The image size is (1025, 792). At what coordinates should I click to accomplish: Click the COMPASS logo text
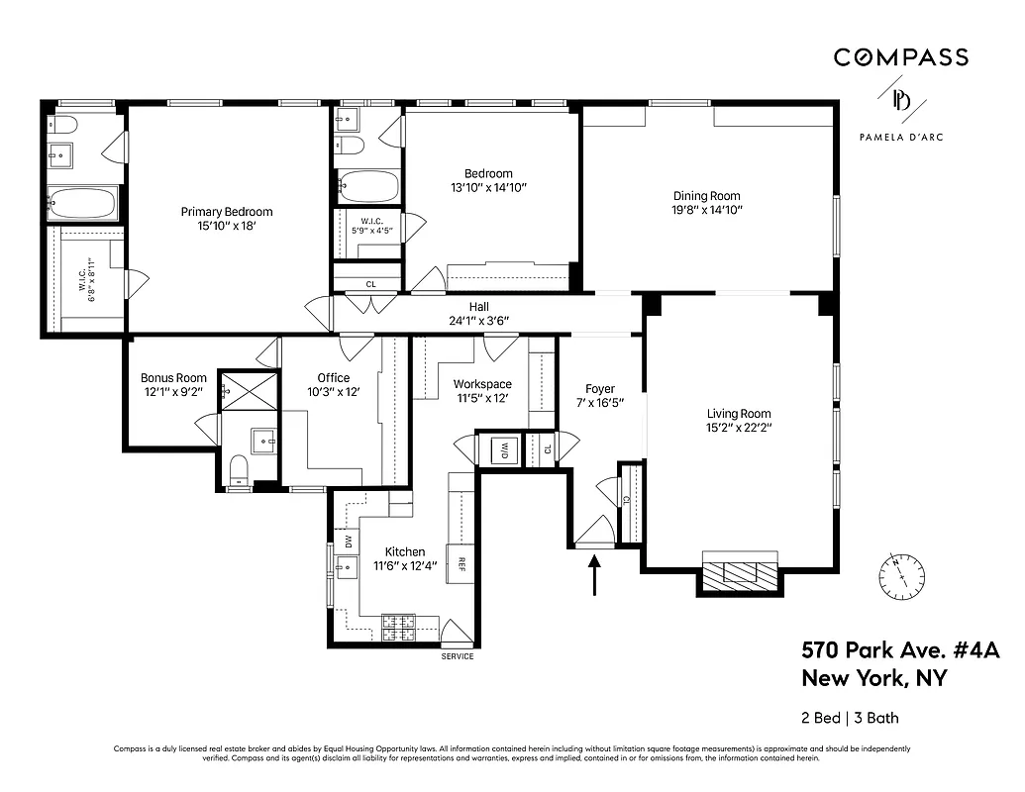tap(900, 57)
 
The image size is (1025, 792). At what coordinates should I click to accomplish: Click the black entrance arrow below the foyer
tap(595, 575)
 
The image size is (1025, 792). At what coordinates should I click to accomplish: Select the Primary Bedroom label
tap(226, 211)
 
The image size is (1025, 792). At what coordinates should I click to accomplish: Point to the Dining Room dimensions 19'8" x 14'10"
tap(707, 210)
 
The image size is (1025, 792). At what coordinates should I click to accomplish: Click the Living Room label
tap(739, 414)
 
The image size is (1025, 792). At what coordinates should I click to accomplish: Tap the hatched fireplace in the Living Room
tap(740, 572)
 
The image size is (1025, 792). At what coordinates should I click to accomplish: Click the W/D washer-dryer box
tap(503, 447)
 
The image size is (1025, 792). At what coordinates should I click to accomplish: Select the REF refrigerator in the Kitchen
tap(461, 564)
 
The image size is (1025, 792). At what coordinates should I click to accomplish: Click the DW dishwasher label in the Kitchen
tap(347, 542)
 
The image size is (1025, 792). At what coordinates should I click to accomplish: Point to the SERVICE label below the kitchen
tap(457, 657)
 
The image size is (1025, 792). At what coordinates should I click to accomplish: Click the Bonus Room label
tap(173, 377)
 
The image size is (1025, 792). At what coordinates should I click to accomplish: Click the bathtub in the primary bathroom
tap(83, 204)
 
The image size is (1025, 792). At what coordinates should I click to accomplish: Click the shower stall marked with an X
tap(249, 390)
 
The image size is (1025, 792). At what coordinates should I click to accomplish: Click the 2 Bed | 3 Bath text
tap(850, 718)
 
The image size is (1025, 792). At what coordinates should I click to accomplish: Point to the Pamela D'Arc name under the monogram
tap(900, 138)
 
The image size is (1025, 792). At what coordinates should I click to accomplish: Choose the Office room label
tap(333, 377)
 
